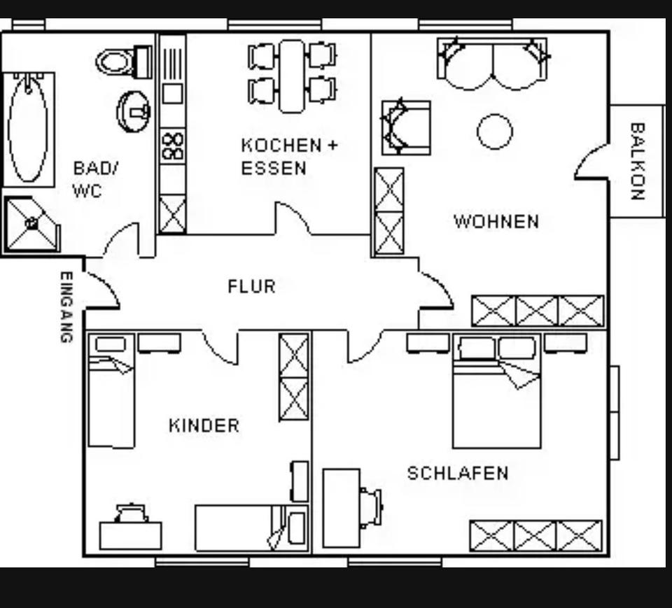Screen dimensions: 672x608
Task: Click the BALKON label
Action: pyautogui.click(x=637, y=162)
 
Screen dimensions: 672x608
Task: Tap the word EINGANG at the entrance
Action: pyautogui.click(x=66, y=307)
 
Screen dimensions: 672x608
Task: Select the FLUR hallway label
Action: pyautogui.click(x=251, y=286)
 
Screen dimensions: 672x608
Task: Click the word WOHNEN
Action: pyautogui.click(x=496, y=222)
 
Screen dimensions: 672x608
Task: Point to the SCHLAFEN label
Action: pyautogui.click(x=458, y=473)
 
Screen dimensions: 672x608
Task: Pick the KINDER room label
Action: pyautogui.click(x=204, y=425)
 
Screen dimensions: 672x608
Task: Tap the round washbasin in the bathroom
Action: pyautogui.click(x=133, y=111)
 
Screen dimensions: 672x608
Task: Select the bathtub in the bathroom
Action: pyautogui.click(x=29, y=129)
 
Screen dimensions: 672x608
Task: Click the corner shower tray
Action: pyautogui.click(x=31, y=224)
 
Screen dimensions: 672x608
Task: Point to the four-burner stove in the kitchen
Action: pyautogui.click(x=172, y=146)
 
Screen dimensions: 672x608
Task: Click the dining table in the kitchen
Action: pyautogui.click(x=292, y=76)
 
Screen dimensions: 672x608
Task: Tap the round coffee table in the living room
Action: pyautogui.click(x=495, y=132)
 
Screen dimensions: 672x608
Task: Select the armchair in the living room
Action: pyautogui.click(x=405, y=127)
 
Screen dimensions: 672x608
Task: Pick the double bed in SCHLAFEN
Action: pyautogui.click(x=496, y=392)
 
